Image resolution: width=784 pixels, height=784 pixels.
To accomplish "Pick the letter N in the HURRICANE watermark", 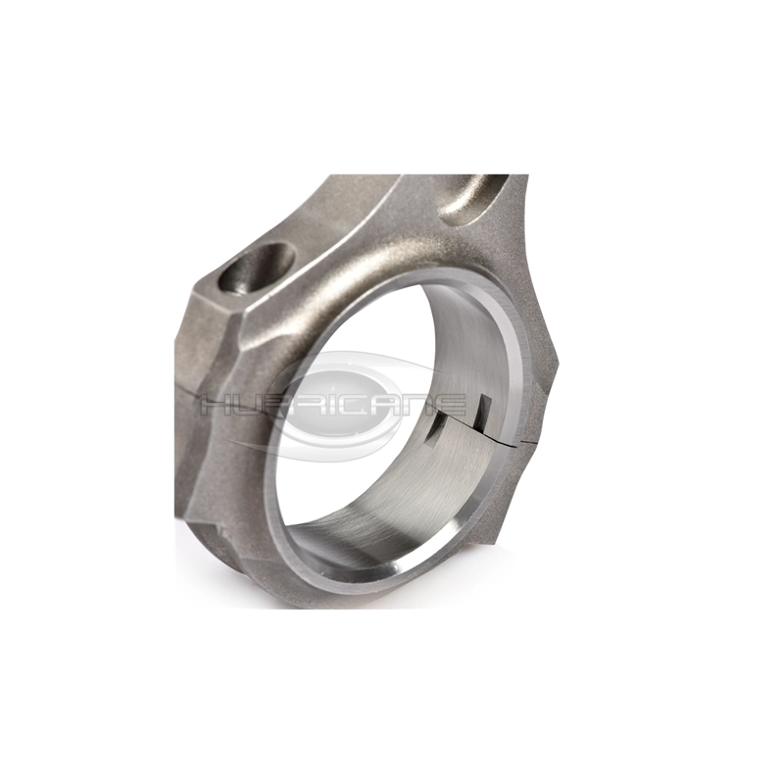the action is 421,403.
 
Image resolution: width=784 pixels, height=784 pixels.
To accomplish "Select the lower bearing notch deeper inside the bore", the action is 434,431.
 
